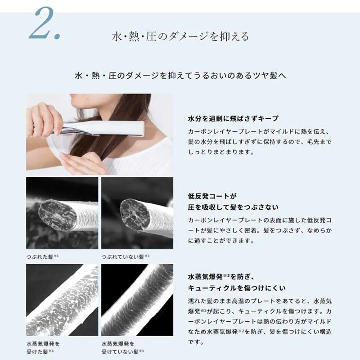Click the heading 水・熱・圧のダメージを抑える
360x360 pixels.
180,36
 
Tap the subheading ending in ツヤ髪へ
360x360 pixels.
180,75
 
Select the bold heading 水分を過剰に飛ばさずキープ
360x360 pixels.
233,118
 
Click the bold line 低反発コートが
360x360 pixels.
212,196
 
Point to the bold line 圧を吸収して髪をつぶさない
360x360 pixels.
233,207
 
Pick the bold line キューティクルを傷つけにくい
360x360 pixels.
237,288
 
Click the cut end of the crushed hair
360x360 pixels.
58,215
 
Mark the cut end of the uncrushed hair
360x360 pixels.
135,215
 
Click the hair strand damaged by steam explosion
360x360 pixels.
62,300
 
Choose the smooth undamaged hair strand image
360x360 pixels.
137,300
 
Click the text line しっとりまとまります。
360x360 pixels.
221,152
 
